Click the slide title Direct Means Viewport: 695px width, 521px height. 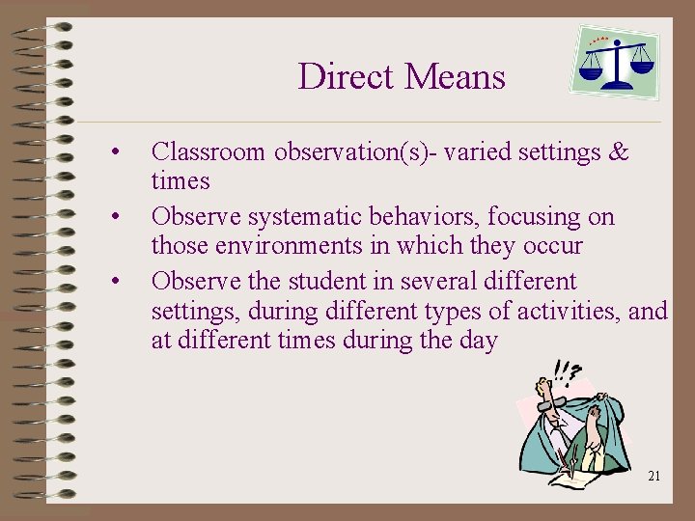402,76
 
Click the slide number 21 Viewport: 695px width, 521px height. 653,476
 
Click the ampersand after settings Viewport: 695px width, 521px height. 618,152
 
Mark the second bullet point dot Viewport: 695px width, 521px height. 115,217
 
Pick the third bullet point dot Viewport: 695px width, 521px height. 115,282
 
